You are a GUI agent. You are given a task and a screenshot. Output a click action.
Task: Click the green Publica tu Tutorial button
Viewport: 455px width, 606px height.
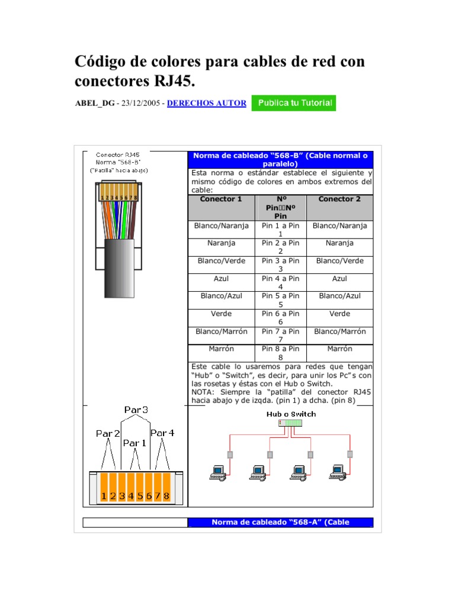coord(294,103)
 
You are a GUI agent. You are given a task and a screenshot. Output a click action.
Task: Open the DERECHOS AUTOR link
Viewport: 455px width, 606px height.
coord(207,103)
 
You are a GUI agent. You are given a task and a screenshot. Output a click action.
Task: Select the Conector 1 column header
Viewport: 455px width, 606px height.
coord(221,199)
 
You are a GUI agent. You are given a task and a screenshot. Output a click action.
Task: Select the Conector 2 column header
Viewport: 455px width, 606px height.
coord(339,199)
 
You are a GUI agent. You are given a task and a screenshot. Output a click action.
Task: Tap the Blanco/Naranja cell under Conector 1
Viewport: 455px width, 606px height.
coord(221,226)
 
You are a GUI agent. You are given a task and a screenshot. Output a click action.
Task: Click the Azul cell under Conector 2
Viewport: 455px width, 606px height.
coord(339,278)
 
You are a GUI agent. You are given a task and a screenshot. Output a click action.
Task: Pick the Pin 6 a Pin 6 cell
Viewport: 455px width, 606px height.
coord(280,317)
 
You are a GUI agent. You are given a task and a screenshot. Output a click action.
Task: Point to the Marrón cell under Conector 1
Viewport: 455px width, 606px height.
coord(221,349)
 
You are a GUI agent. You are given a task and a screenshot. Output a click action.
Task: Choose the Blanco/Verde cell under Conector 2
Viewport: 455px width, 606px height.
coord(339,261)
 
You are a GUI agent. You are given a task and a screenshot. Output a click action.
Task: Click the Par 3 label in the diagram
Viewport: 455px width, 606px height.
coord(136,410)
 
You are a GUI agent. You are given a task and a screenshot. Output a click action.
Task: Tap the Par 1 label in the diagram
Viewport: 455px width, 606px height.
coord(134,443)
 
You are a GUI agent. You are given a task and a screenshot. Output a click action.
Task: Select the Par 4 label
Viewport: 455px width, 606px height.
coord(162,433)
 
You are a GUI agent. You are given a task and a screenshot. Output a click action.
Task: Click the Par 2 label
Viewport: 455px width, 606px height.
coord(108,434)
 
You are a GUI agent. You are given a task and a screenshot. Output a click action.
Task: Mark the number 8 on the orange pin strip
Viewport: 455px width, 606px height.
coord(166,495)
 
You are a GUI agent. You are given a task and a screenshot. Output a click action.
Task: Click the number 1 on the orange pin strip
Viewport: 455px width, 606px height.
coord(104,495)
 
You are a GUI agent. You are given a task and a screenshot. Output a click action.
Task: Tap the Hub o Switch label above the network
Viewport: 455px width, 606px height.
coord(291,414)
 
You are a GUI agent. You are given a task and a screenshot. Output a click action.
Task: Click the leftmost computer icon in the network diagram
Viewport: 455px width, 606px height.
coord(217,471)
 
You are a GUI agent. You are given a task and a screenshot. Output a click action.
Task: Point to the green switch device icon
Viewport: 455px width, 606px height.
coord(291,423)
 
